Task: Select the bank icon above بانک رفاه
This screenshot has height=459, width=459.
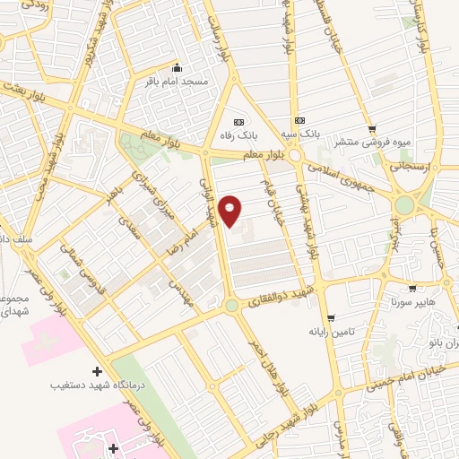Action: click(x=238, y=122)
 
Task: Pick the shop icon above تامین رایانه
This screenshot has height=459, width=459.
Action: click(x=331, y=318)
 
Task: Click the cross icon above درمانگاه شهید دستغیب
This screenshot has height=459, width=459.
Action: click(x=97, y=371)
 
